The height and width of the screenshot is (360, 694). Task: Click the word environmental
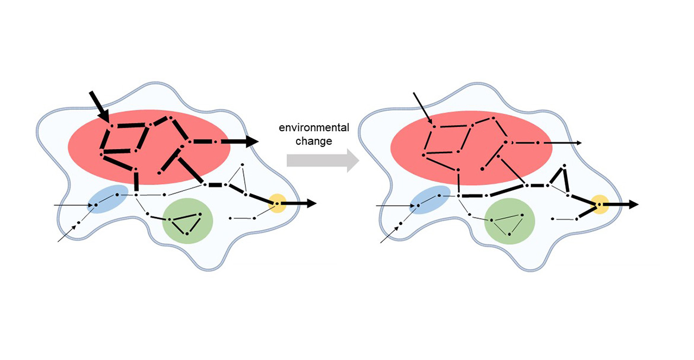314,128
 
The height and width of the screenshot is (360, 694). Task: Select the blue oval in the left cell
107,199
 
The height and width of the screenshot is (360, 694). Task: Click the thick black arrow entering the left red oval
100,107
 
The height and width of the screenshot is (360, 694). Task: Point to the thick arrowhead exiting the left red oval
253,141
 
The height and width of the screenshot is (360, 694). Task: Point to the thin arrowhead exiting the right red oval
579,143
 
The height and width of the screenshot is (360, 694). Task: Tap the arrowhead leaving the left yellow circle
311,203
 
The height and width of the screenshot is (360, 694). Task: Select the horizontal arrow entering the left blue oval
74,205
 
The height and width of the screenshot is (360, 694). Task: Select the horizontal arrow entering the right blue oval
396,206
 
